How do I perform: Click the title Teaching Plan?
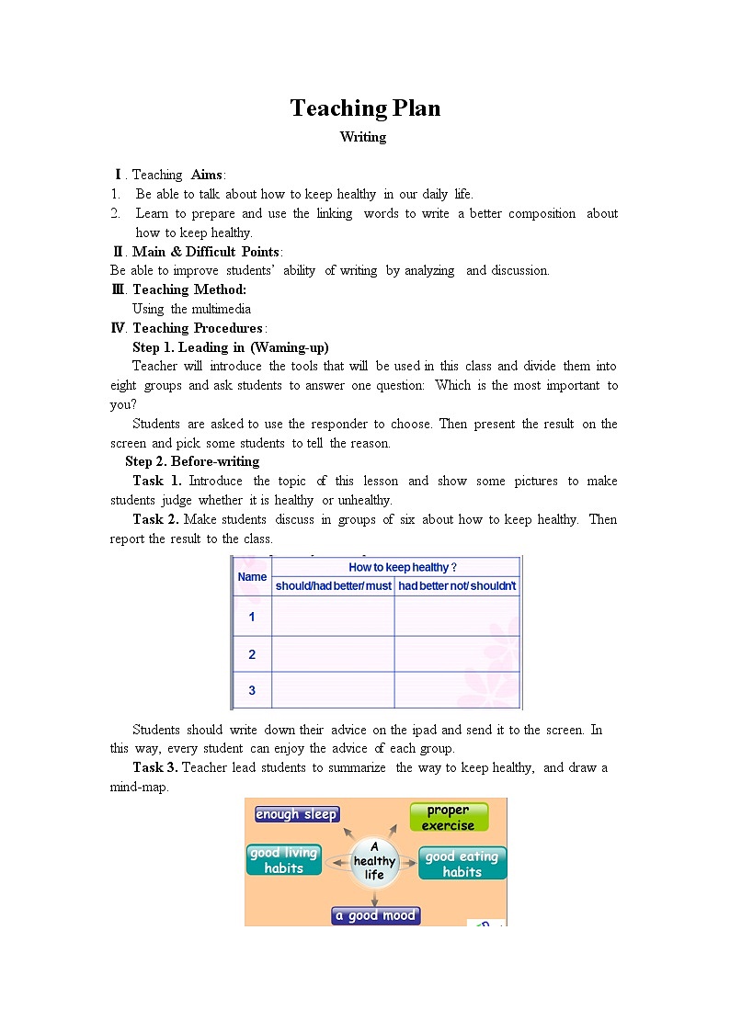[x=365, y=108]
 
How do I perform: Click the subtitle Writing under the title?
[x=363, y=137]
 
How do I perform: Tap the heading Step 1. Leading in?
[x=230, y=347]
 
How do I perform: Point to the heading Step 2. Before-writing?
[x=192, y=461]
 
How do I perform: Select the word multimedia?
[x=221, y=309]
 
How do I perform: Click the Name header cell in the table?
[x=252, y=577]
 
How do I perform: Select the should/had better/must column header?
[x=333, y=586]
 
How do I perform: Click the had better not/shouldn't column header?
[x=457, y=586]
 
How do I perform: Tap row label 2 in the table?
[x=252, y=654]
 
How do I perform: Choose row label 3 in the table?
[x=252, y=690]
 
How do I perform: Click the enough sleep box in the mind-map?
[x=297, y=814]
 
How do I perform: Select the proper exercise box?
[x=448, y=817]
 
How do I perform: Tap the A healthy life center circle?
[x=374, y=861]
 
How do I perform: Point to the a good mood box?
[x=376, y=915]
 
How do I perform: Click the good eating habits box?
[x=462, y=864]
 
